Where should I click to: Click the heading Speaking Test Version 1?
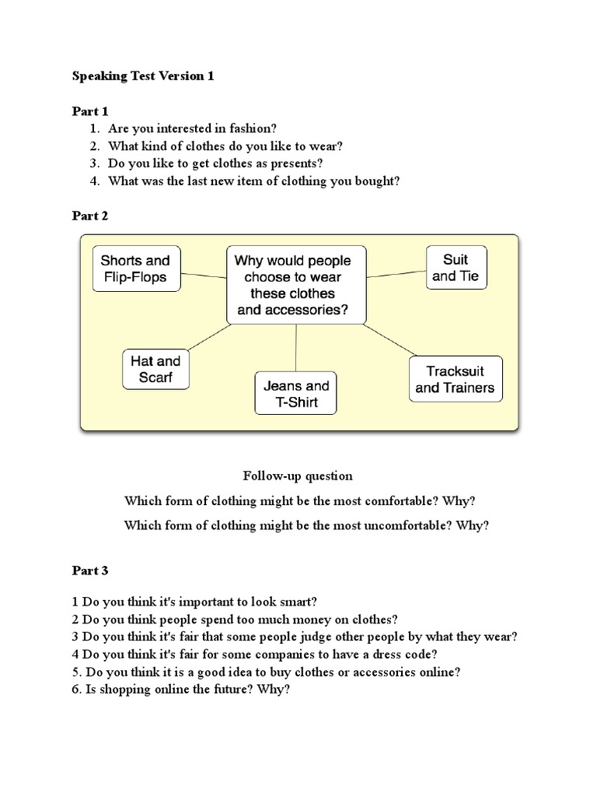tap(142, 76)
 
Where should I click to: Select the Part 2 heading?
tap(90, 216)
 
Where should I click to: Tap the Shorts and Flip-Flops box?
tap(135, 269)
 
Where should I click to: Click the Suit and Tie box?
tap(456, 267)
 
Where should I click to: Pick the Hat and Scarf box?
tap(155, 370)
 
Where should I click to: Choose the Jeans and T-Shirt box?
tap(296, 394)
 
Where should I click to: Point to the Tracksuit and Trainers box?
tap(455, 379)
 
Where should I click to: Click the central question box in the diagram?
tap(296, 286)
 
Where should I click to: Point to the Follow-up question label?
tap(298, 476)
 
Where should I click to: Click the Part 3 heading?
tap(90, 571)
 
